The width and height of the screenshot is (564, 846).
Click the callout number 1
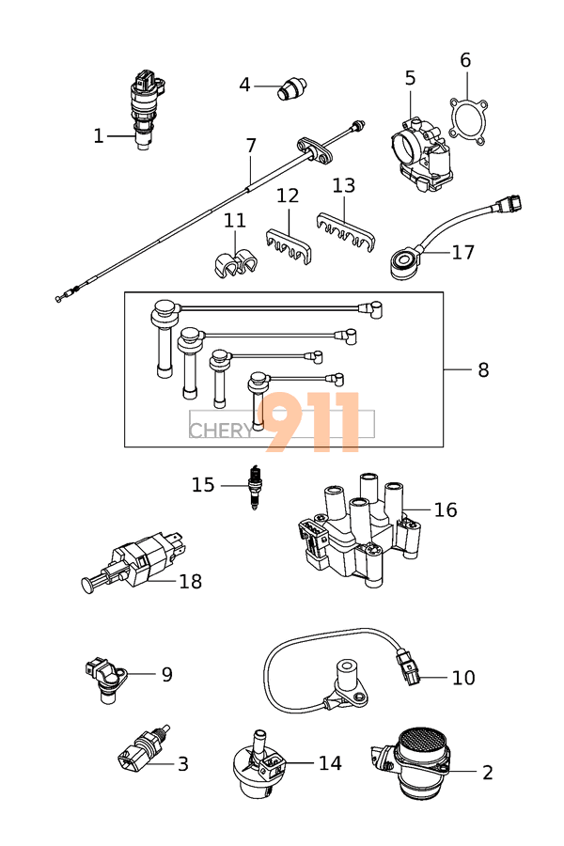pyautogui.click(x=98, y=136)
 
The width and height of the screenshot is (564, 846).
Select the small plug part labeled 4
pyautogui.click(x=292, y=88)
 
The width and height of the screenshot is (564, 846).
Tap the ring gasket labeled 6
pyautogui.click(x=467, y=121)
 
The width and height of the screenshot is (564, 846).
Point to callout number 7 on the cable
pyautogui.click(x=251, y=146)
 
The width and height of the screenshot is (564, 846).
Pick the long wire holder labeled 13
pyautogui.click(x=345, y=230)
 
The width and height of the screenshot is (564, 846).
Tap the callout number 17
pyautogui.click(x=462, y=253)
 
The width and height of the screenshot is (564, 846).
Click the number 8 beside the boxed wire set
pyautogui.click(x=483, y=370)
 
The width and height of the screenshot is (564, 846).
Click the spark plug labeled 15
pyautogui.click(x=253, y=486)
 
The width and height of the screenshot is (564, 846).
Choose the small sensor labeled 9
pyautogui.click(x=106, y=679)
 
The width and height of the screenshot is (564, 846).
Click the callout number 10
pyautogui.click(x=463, y=678)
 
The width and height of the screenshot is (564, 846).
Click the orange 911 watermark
pyautogui.click(x=308, y=421)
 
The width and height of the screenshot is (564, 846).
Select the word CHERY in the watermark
pyautogui.click(x=221, y=431)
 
